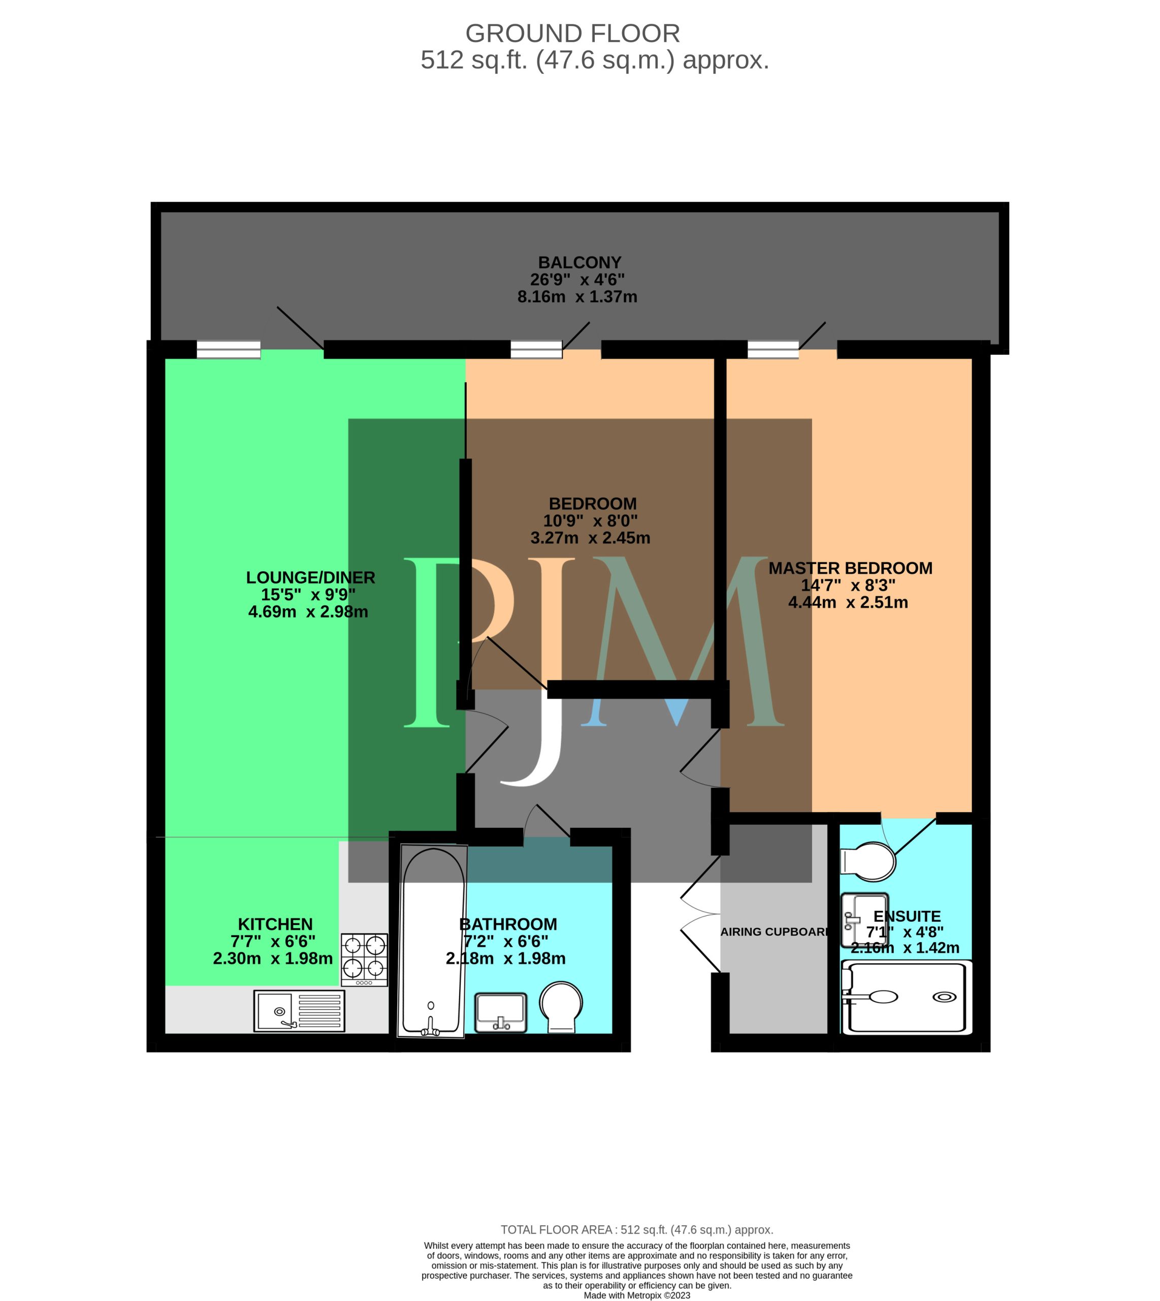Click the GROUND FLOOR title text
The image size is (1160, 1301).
(x=572, y=33)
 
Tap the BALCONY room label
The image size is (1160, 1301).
(x=579, y=263)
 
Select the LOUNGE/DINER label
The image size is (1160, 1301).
(x=310, y=578)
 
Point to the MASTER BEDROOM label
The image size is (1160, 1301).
(x=850, y=568)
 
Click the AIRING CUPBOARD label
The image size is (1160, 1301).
(x=775, y=932)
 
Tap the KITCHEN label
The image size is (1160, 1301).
(x=275, y=924)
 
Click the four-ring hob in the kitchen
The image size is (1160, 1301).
(x=364, y=960)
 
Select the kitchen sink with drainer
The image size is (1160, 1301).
(x=299, y=1011)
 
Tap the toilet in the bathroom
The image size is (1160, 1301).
(x=561, y=1006)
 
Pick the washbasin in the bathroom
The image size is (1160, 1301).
(x=501, y=1012)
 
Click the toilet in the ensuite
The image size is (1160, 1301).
(x=868, y=861)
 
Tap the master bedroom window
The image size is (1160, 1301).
(x=772, y=350)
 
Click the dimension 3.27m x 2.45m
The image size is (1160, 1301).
(x=590, y=538)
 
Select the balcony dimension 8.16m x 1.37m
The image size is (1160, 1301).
(x=577, y=297)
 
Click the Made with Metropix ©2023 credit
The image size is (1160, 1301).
(x=637, y=1295)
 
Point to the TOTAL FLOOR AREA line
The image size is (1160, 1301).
(x=637, y=1229)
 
